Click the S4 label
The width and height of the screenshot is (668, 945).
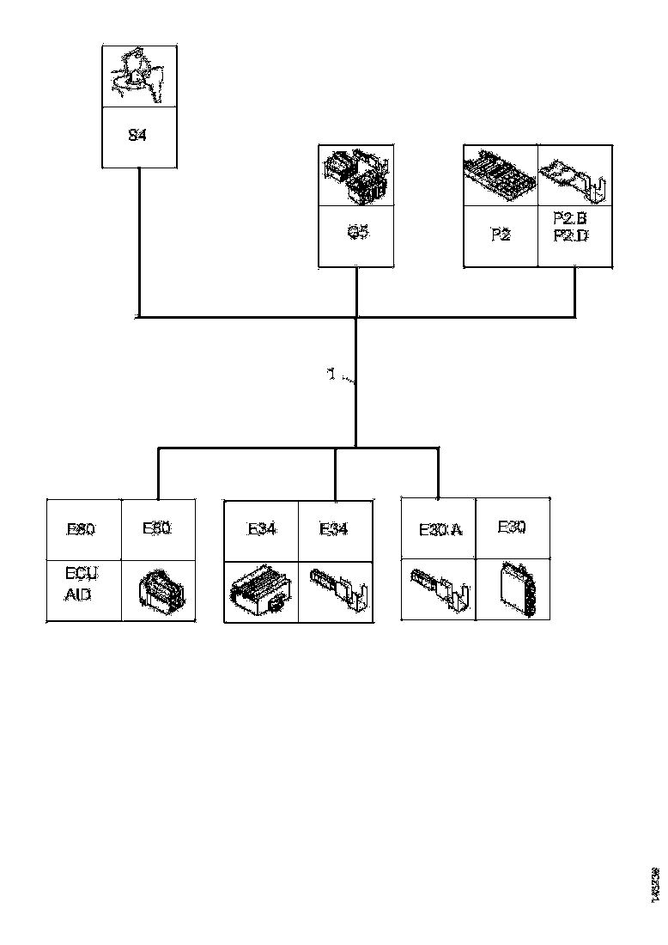[x=137, y=135]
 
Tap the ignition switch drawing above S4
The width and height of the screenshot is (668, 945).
[x=138, y=76]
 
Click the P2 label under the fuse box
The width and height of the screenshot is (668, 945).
[x=501, y=235]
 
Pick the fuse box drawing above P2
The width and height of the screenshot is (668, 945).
[x=501, y=175]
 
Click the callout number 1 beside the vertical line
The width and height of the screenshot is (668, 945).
[x=331, y=375]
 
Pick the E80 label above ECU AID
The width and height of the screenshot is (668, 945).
[x=82, y=529]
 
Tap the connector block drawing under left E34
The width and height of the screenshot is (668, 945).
[x=259, y=591]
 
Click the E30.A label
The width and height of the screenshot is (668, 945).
[x=440, y=529]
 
